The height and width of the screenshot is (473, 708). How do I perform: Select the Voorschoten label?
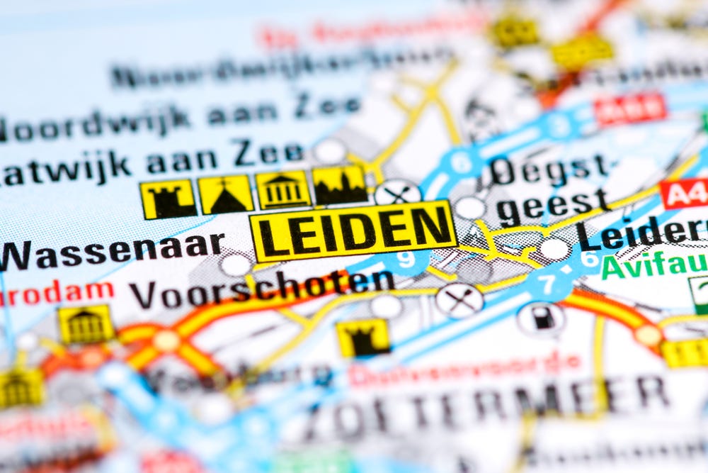click(x=261, y=288)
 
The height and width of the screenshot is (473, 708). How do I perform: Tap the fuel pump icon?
click(x=542, y=318)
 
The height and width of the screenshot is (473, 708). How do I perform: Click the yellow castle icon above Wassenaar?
click(x=168, y=199)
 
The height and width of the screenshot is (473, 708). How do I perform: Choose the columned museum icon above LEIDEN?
click(x=282, y=190)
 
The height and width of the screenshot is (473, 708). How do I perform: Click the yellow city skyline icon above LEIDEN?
click(x=340, y=185)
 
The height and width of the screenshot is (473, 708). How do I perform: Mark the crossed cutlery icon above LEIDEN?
click(x=397, y=191)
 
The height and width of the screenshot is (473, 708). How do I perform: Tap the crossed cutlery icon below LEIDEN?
click(x=459, y=300)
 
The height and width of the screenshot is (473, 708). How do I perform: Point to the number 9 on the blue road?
click(x=406, y=260)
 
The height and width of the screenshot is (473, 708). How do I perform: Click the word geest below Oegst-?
click(x=553, y=204)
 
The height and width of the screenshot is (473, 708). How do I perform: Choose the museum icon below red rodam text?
click(x=86, y=324)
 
